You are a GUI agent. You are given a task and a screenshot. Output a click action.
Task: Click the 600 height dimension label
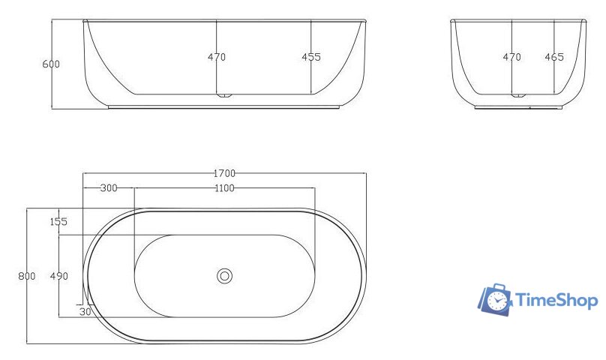[51, 64]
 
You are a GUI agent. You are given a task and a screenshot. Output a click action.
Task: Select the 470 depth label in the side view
[217, 57]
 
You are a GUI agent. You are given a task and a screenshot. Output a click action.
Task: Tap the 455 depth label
[311, 57]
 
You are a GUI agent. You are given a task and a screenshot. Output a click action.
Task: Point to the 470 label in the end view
[511, 57]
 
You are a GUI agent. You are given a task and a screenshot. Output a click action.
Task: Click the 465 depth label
[554, 57]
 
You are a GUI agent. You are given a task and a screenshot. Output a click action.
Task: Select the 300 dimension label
[109, 187]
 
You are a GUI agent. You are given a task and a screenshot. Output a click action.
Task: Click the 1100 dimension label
[223, 187]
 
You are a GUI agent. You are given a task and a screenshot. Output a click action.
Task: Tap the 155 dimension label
[59, 221]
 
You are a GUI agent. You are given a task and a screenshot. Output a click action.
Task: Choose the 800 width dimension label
[27, 276]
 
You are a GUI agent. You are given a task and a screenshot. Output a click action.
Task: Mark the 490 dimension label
[59, 276]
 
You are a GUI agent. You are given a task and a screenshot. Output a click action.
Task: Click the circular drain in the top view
[224, 276]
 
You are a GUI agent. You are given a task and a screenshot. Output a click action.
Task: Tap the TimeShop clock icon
[496, 300]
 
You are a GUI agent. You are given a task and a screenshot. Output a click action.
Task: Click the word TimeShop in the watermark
[556, 301]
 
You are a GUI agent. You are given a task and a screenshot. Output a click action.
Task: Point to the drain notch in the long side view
[224, 96]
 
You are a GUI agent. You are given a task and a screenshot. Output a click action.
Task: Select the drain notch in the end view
[517, 96]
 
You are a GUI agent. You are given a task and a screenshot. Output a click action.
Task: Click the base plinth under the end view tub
[517, 107]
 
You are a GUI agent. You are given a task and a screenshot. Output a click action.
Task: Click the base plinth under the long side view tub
[224, 106]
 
